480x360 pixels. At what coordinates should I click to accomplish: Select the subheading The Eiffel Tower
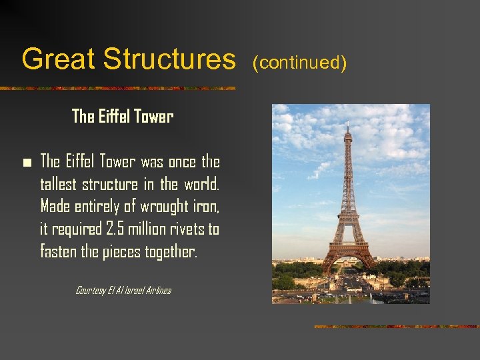click(123, 117)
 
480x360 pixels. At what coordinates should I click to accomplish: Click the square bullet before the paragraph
click(26, 163)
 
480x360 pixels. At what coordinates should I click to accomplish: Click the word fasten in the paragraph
click(59, 252)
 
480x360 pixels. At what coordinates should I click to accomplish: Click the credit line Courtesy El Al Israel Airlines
click(123, 290)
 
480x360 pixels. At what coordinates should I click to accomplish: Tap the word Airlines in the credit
click(155, 290)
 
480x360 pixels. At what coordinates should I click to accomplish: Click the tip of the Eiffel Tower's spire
click(347, 123)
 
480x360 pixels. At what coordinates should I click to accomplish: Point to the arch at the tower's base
click(347, 260)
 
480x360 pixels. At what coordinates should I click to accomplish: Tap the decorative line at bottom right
click(396, 327)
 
